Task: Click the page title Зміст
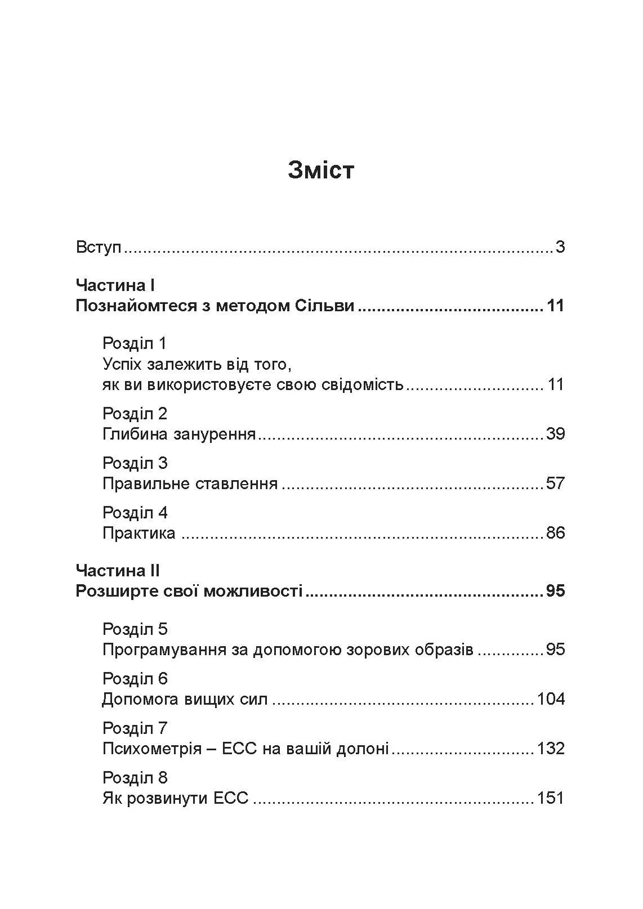321,170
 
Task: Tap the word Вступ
99,247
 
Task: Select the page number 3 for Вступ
560,247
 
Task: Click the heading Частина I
115,285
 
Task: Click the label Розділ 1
135,343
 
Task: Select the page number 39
555,434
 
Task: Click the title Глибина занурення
179,434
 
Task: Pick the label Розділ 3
135,463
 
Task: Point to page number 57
555,483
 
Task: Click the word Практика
139,533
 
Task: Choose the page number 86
555,533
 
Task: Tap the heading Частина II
118,571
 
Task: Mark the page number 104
551,699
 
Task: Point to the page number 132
551,749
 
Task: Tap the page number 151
551,798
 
